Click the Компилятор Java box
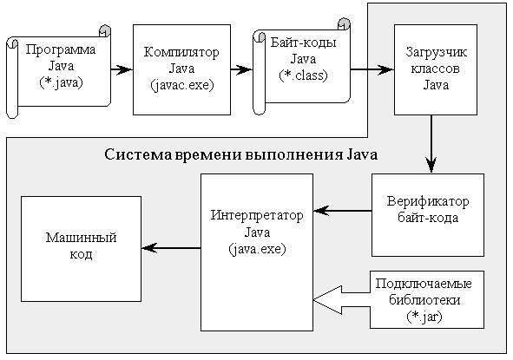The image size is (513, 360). [181, 69]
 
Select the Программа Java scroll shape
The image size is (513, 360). [59, 71]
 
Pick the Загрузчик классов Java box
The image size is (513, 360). [436, 69]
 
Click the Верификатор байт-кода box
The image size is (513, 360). [428, 215]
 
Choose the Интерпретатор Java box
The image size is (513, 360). [257, 252]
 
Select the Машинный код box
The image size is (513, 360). [81, 249]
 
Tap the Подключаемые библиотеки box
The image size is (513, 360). [427, 299]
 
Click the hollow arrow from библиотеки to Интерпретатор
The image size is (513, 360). [341, 300]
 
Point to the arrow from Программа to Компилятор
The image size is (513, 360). [122, 69]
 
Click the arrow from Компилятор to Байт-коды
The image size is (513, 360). [241, 69]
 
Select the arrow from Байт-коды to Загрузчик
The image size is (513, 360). [372, 69]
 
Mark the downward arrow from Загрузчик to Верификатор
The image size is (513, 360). [431, 144]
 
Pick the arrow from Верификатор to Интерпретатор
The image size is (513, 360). [342, 211]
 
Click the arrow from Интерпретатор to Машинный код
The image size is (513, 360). [171, 248]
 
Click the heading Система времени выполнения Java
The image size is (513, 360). [241, 154]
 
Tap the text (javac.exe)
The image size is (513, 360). [182, 86]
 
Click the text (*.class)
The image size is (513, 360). [303, 75]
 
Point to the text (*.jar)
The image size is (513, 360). [424, 317]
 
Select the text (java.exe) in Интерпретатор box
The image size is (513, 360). [257, 250]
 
